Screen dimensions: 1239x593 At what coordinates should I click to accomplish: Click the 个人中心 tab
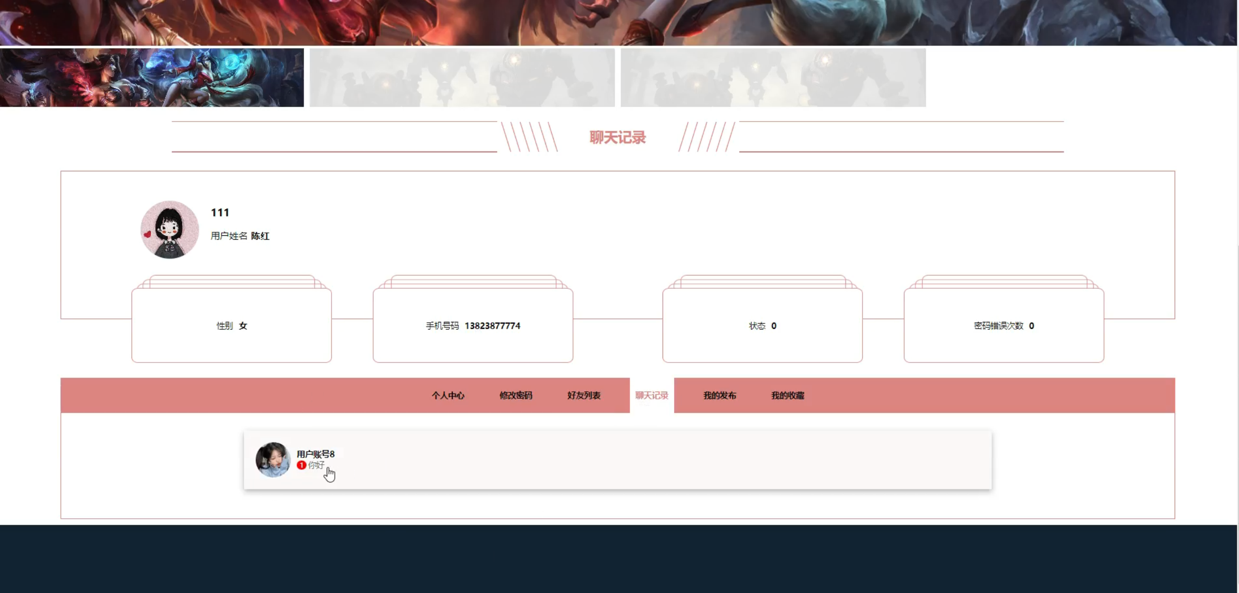448,395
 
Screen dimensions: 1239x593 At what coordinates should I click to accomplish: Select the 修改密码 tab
515,395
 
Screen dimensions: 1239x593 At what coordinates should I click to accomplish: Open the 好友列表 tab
584,395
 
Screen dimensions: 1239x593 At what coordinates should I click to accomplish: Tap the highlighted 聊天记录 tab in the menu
651,395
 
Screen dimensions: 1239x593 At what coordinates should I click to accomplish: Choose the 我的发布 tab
720,395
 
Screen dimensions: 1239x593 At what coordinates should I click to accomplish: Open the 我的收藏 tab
787,395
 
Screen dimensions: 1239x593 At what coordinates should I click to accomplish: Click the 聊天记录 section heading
617,137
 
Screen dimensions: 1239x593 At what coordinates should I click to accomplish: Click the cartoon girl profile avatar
169,229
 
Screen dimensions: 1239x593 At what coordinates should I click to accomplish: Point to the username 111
220,213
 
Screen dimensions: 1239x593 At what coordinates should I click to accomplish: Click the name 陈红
260,236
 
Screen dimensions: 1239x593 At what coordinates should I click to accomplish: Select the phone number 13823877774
492,326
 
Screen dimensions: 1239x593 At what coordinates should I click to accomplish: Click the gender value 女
243,326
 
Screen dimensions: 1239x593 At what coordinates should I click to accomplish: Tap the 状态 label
757,326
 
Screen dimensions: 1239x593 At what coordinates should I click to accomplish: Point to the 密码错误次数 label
998,326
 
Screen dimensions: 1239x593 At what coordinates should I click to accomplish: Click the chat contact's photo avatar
273,459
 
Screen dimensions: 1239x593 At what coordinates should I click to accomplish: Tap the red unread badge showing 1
301,465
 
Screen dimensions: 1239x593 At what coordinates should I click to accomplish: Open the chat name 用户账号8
316,454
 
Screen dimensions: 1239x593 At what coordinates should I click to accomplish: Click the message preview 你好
316,465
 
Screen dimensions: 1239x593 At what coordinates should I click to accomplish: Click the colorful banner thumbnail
151,77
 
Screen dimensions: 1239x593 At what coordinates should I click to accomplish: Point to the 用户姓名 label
229,236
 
